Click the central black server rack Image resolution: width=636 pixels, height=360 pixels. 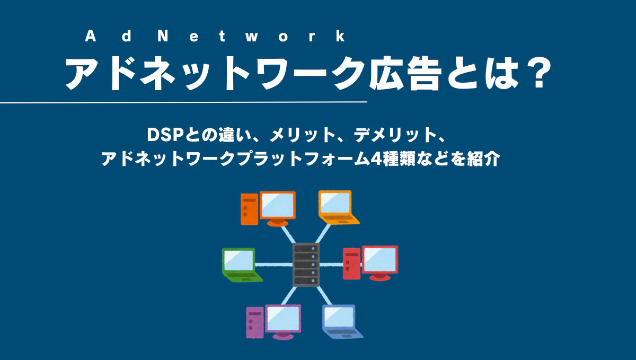click(306, 265)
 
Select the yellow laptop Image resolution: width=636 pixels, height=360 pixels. click(338, 207)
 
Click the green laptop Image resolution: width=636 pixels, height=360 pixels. click(242, 265)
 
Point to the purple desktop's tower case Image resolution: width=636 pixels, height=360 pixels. click(255, 322)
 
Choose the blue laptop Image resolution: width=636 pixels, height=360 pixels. click(342, 322)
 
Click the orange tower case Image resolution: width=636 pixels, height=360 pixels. click(250, 209)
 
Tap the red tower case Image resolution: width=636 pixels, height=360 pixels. click(352, 264)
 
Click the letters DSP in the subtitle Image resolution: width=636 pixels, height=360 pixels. click(164, 135)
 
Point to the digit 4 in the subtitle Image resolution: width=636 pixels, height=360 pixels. click(376, 159)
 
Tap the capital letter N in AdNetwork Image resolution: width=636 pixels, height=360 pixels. click(163, 36)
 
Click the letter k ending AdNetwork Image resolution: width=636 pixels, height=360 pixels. click(340, 36)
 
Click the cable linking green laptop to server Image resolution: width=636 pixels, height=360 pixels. click(273, 265)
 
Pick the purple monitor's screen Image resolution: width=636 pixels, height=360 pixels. click(283, 319)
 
